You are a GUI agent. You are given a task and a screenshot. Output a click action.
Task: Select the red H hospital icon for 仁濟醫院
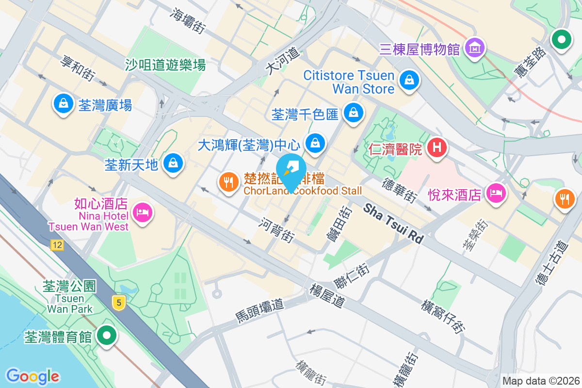tap(436, 147)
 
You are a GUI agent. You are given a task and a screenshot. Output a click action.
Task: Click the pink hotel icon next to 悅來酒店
tap(496, 194)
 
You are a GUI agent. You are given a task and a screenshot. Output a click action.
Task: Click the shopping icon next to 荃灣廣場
tap(63, 103)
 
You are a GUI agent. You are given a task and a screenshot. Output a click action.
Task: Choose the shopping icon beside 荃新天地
tap(173, 163)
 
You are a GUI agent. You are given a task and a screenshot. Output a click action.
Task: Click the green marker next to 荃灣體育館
tap(106, 336)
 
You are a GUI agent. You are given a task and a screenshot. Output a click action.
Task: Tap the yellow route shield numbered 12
tap(57, 245)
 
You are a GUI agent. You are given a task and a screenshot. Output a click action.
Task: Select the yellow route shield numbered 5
tap(118, 303)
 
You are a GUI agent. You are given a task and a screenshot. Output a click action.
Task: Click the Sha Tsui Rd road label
tap(393, 223)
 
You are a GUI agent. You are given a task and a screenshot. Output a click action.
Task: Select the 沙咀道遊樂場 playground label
tap(165, 65)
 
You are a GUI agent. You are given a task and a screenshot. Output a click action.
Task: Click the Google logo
tap(32, 376)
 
